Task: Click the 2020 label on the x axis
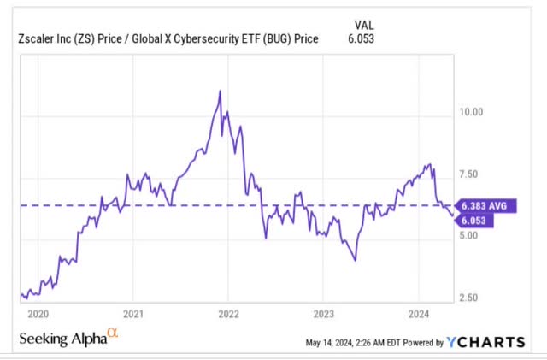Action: tap(38, 315)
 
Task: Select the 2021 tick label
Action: tap(133, 315)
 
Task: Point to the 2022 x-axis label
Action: tap(228, 315)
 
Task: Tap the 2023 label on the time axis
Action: tap(324, 315)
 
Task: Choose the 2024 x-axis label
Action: tap(419, 315)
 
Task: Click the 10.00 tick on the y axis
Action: tap(471, 112)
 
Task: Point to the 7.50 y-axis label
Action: tap(468, 174)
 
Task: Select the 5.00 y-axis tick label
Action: tap(468, 235)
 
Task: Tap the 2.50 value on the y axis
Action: tap(468, 298)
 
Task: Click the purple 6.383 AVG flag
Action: tap(485, 206)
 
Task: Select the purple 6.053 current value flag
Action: tap(473, 221)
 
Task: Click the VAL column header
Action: tap(364, 26)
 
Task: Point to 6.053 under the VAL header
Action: tap(361, 38)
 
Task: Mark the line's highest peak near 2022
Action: tap(220, 91)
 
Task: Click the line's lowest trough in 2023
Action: tap(356, 261)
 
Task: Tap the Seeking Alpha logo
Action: tap(68, 337)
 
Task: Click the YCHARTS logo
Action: tap(485, 342)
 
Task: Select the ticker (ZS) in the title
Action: tap(84, 38)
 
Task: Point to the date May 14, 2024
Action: tap(329, 343)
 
